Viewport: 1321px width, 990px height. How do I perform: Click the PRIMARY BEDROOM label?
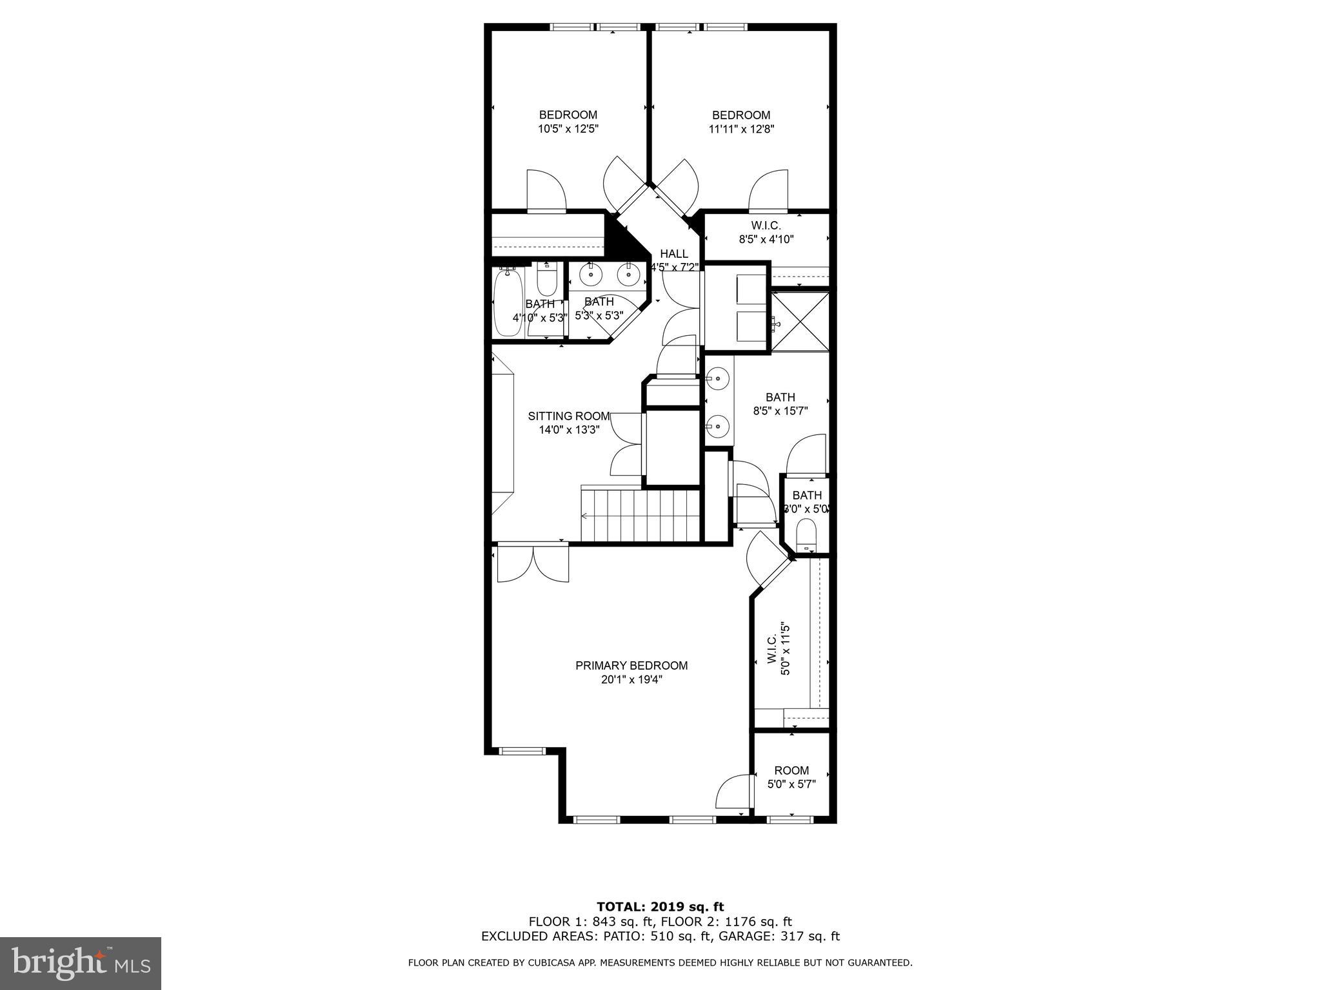(631, 665)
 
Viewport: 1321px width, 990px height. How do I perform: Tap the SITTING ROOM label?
(569, 416)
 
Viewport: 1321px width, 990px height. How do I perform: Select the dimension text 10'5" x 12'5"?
(568, 129)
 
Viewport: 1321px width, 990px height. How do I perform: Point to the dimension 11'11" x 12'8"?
(741, 129)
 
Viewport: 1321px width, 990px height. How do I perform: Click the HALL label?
(673, 254)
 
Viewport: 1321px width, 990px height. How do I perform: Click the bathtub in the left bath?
(507, 303)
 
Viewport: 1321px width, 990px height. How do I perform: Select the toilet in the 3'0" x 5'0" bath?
(806, 535)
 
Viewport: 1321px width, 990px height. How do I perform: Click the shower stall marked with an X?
(800, 322)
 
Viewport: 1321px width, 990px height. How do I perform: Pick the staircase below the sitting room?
(641, 516)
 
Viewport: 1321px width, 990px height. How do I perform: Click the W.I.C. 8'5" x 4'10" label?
(766, 233)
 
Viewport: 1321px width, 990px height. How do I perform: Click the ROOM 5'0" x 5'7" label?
(791, 777)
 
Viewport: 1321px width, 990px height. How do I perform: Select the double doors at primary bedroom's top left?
(533, 564)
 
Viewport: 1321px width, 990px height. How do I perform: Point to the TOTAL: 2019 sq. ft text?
(660, 907)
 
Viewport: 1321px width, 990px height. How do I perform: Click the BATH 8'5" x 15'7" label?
(780, 404)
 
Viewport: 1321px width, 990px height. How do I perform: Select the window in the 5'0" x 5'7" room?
(790, 819)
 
